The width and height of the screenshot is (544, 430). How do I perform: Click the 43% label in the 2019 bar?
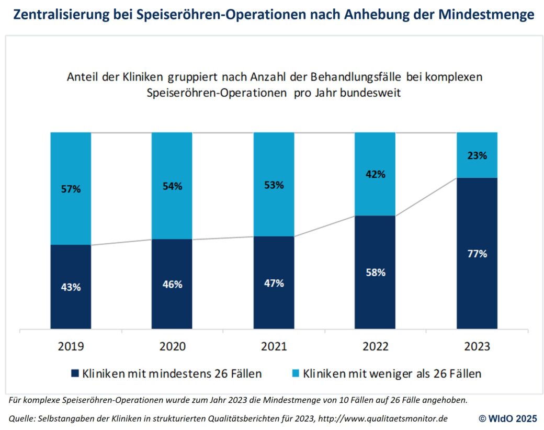71,287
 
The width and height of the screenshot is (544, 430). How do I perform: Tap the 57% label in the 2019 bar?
71,189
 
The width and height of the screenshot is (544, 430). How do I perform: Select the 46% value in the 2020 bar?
172,285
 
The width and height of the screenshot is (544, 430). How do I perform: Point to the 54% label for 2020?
172,186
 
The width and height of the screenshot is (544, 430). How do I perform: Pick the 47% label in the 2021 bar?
274,283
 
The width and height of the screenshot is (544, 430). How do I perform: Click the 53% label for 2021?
274,185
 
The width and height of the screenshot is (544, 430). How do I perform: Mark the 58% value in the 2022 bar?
375,273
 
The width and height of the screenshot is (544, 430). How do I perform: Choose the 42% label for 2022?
375,174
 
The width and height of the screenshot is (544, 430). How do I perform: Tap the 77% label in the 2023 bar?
477,254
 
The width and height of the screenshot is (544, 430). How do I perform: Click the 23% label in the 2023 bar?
477,155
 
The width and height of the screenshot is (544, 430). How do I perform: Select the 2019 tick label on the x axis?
71,346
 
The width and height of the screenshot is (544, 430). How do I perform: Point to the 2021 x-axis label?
274,346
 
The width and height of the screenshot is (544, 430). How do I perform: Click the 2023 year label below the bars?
477,346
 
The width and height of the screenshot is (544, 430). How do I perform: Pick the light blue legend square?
293,374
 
